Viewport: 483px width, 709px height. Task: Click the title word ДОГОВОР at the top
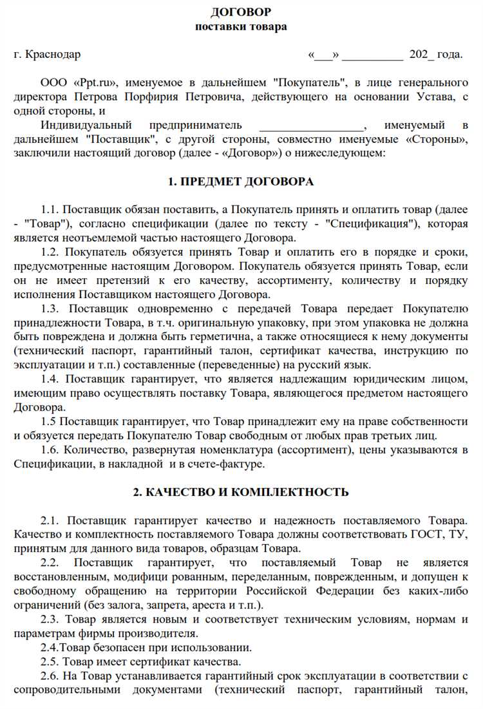pos(241,12)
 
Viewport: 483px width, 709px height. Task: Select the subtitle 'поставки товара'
pos(241,26)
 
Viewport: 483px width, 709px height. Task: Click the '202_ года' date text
pos(435,55)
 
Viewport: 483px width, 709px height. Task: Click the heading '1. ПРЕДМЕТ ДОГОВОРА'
pos(241,182)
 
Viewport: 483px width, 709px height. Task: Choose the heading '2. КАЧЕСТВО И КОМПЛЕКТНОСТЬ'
pos(241,492)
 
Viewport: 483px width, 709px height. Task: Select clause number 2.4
pos(50,647)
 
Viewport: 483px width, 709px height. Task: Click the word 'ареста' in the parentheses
pos(206,605)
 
